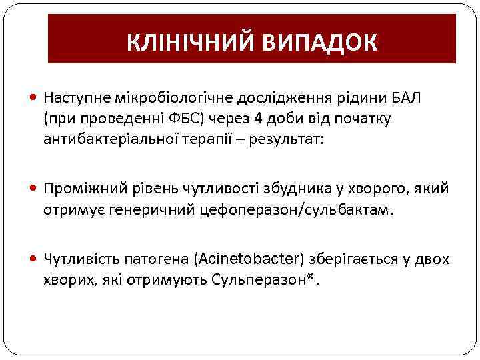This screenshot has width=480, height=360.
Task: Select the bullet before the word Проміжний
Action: (35, 189)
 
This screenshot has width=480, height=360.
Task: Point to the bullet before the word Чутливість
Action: (35, 259)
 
